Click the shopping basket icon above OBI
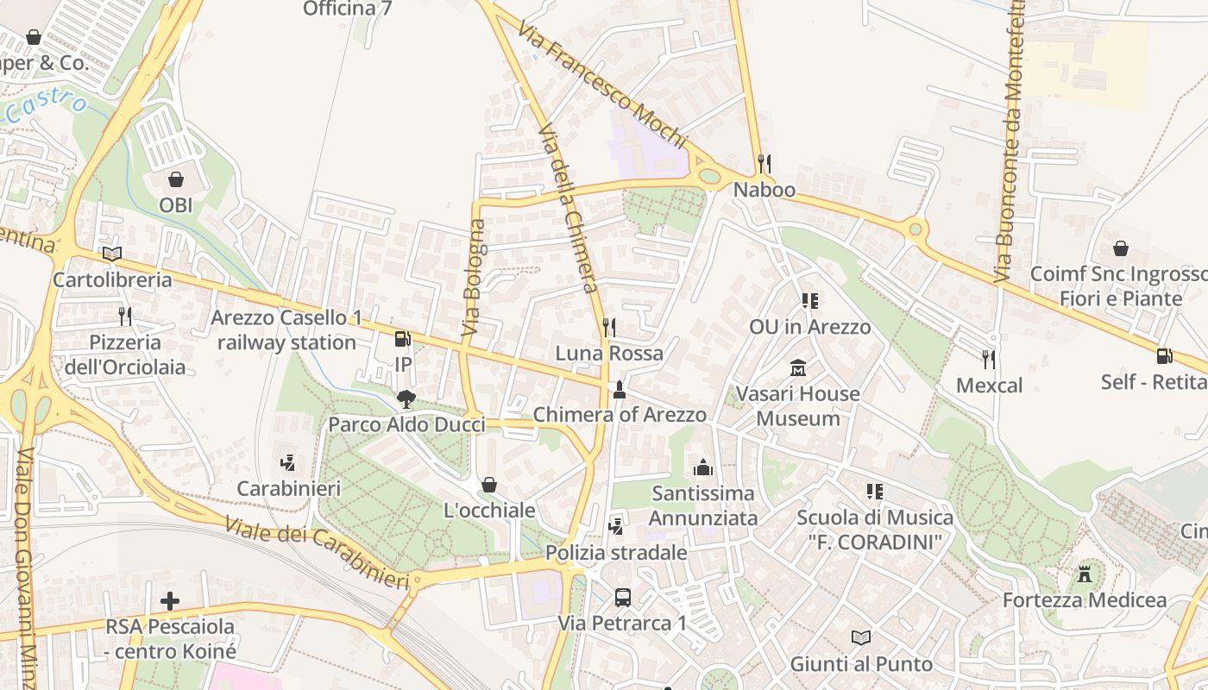(x=176, y=179)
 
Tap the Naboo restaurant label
(x=764, y=190)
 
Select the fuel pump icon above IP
(x=402, y=339)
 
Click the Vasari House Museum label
(x=798, y=406)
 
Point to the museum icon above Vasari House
(x=798, y=368)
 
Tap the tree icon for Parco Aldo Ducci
(x=406, y=398)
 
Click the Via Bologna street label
(x=474, y=278)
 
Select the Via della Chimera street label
(x=568, y=207)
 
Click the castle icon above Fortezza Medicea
(x=1085, y=574)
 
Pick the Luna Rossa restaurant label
(x=609, y=353)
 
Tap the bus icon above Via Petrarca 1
(x=622, y=597)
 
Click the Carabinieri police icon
(x=288, y=463)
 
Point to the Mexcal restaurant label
(x=989, y=386)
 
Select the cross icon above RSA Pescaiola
(x=170, y=600)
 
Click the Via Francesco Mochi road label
(x=601, y=85)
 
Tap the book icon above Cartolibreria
(x=112, y=254)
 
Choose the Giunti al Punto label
(x=861, y=664)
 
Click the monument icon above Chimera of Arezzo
(x=619, y=390)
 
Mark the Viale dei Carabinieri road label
(x=317, y=553)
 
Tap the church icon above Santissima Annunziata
(x=703, y=467)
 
